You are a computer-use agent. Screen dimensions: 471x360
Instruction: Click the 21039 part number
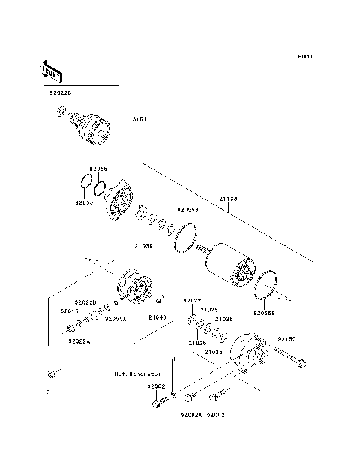click(144, 245)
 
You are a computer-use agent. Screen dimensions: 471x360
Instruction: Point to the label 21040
click(156, 318)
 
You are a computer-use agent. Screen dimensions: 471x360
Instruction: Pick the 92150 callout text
click(288, 339)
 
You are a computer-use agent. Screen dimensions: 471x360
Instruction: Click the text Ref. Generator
click(137, 373)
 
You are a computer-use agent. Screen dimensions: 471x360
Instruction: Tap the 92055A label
click(115, 318)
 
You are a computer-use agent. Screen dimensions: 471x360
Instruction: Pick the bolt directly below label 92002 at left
click(157, 403)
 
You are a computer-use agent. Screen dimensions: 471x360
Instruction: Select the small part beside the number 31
click(52, 373)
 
